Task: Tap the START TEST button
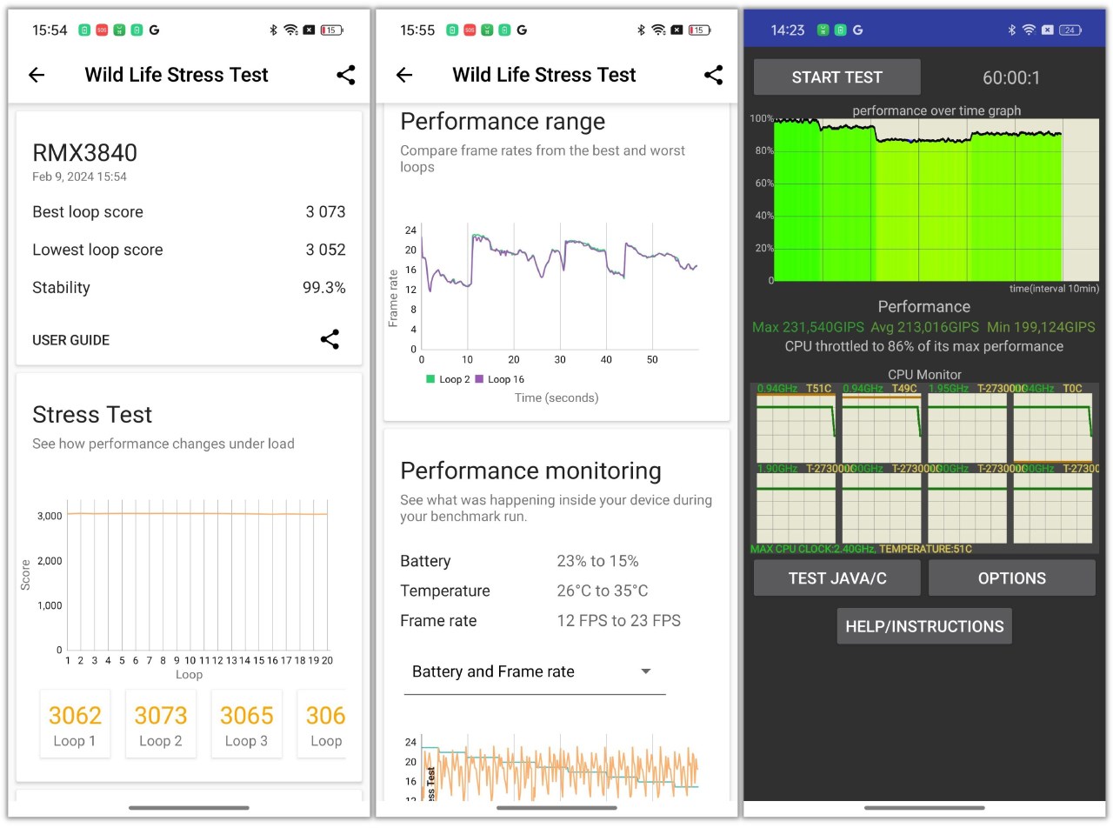tap(836, 77)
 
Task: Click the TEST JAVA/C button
tap(836, 578)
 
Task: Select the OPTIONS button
tap(1011, 578)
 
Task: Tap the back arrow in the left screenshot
tap(37, 75)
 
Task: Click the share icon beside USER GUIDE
tap(330, 339)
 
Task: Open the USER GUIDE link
tap(71, 340)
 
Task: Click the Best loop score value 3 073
tap(325, 212)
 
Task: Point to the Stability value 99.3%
tap(323, 288)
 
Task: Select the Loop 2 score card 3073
tap(161, 724)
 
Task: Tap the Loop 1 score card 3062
tap(75, 724)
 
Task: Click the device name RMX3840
tap(84, 153)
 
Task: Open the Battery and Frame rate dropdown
tap(534, 671)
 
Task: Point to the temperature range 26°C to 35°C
tap(602, 591)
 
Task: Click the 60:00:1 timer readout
tap(1011, 77)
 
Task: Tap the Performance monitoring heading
tap(530, 471)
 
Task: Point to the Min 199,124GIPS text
tap(1041, 328)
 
